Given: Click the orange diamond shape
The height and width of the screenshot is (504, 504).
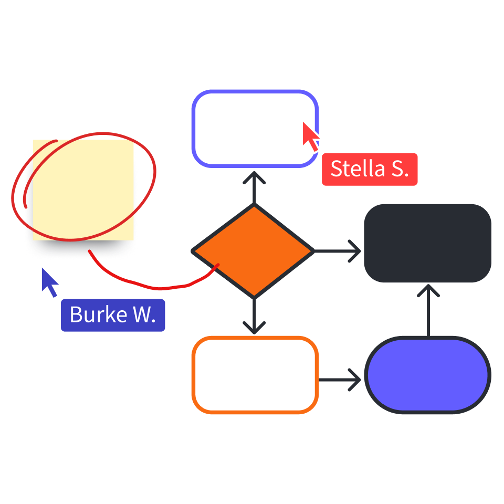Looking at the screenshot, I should [x=253, y=251].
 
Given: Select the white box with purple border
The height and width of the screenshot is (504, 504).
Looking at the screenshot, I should [x=255, y=129].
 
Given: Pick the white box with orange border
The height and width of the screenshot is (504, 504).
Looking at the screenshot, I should [x=255, y=374].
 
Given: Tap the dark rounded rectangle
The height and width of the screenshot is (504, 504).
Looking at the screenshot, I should [x=427, y=243].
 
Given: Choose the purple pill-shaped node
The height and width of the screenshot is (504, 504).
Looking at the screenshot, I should [x=427, y=374].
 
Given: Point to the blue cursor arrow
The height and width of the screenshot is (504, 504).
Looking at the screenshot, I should [x=51, y=282].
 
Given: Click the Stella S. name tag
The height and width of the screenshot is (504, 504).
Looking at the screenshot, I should [x=370, y=169].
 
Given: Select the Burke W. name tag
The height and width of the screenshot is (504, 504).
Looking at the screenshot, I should [x=113, y=315].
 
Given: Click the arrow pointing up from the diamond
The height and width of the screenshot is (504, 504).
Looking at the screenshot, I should [x=254, y=186].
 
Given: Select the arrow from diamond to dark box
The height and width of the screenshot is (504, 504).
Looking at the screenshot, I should [x=338, y=251].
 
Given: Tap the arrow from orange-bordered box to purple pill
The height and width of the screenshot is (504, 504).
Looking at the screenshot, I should [x=340, y=379].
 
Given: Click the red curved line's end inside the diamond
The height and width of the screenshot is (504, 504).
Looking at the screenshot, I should [x=218, y=265].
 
